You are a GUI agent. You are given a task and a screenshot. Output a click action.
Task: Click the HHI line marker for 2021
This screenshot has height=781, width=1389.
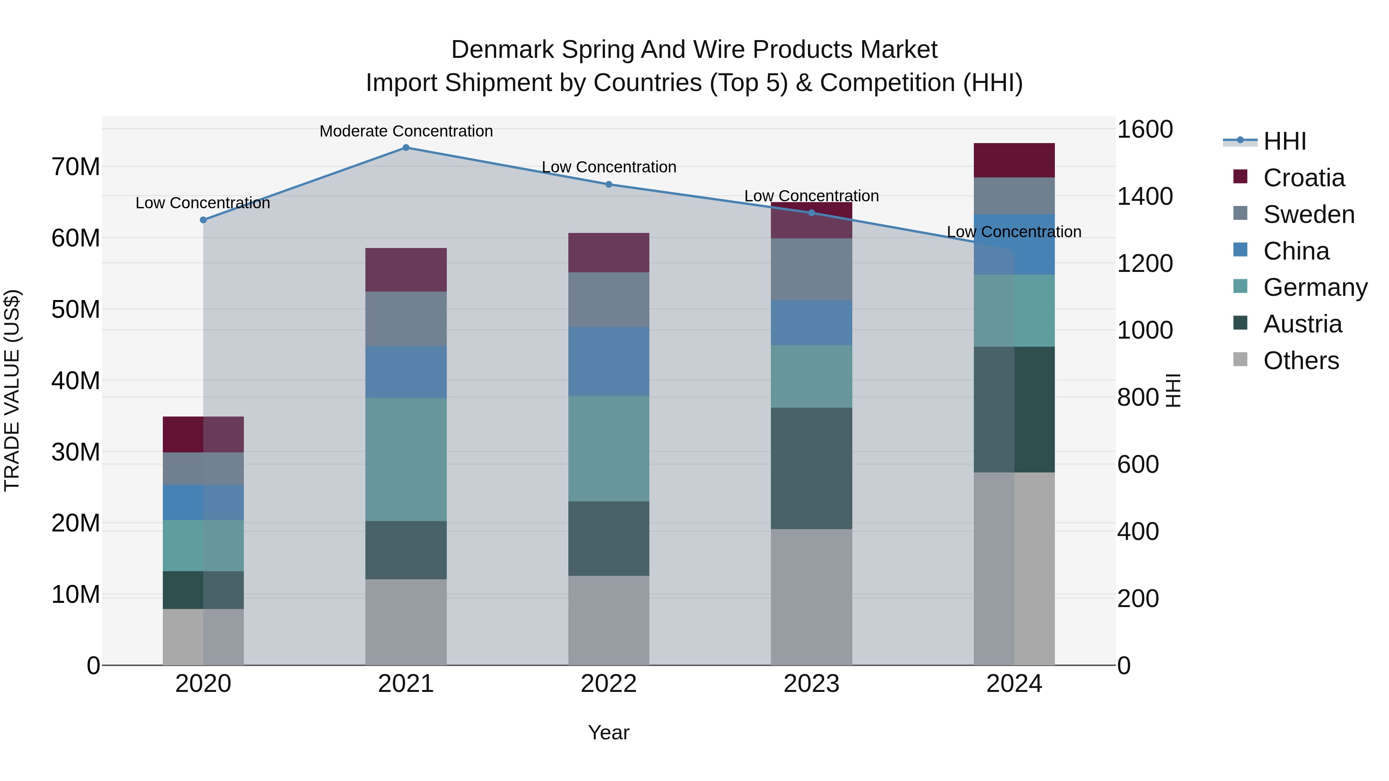tap(406, 148)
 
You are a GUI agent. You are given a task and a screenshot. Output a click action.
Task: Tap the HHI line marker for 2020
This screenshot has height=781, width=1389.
tap(203, 220)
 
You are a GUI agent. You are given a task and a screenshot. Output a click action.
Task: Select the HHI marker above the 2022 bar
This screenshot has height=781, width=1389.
tap(609, 184)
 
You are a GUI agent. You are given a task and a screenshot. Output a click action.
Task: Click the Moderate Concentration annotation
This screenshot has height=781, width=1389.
tap(406, 131)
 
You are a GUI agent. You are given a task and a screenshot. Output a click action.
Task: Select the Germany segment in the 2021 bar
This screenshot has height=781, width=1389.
tap(406, 459)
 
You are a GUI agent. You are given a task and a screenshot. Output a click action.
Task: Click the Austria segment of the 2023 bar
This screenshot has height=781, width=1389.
tap(811, 468)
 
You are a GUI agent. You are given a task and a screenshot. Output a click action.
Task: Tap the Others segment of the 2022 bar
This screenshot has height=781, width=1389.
tap(609, 620)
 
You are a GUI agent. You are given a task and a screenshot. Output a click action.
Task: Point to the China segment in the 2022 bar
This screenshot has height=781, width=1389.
tap(609, 361)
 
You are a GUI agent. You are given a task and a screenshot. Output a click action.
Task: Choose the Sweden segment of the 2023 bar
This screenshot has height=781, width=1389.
tap(811, 269)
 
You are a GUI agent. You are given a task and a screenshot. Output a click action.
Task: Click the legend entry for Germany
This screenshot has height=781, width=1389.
tap(1315, 287)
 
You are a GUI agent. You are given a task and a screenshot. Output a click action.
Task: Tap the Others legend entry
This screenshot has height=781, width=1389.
tap(1301, 361)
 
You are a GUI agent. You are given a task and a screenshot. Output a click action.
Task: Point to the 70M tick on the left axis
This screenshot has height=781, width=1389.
tap(76, 167)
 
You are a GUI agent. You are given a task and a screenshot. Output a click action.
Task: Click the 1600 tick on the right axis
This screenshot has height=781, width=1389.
tap(1145, 129)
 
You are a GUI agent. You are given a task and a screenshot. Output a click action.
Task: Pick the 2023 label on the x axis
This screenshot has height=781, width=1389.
tap(811, 684)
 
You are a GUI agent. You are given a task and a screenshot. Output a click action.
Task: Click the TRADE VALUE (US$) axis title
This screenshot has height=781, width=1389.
tap(12, 390)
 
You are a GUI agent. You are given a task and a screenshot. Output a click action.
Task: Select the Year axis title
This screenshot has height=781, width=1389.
tap(609, 732)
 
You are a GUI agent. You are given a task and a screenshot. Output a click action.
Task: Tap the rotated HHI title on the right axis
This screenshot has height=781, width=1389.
tap(1173, 390)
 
